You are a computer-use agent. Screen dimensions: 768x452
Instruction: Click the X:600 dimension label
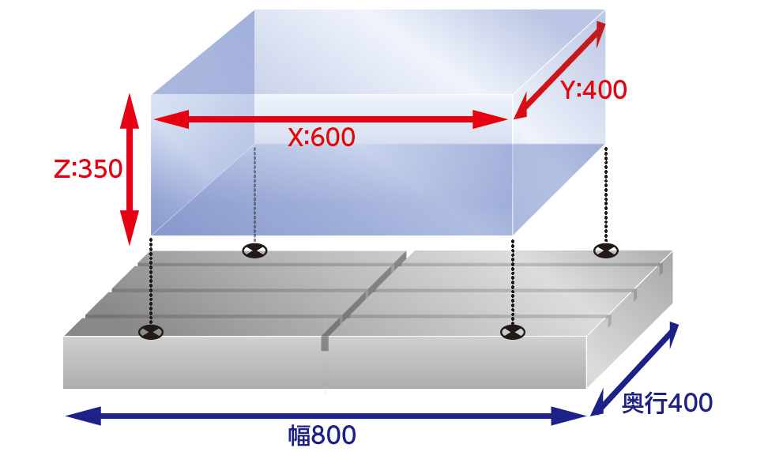click(322, 137)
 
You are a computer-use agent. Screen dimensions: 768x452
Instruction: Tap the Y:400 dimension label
click(593, 89)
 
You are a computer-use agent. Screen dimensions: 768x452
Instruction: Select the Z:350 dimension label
click(88, 169)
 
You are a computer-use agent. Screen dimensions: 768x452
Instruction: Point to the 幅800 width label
click(322, 435)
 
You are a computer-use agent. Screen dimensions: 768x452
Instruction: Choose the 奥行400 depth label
click(667, 403)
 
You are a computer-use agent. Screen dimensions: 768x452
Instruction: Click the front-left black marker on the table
click(151, 332)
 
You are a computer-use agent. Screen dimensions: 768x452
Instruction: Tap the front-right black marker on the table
click(512, 332)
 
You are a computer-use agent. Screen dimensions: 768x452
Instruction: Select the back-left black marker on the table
click(254, 250)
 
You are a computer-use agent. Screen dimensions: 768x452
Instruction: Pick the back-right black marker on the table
click(606, 250)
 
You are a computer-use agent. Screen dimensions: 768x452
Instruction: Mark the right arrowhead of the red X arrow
click(491, 119)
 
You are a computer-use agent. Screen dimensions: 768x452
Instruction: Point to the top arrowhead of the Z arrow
click(130, 111)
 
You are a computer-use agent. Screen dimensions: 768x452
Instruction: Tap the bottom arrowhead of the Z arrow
click(130, 228)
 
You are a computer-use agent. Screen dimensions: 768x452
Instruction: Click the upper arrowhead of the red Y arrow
click(600, 32)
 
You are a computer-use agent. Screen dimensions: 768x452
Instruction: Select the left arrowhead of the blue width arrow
click(83, 416)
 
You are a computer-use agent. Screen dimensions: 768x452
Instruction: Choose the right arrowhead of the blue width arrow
click(569, 416)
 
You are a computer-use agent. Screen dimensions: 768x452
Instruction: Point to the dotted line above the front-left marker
click(151, 281)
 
